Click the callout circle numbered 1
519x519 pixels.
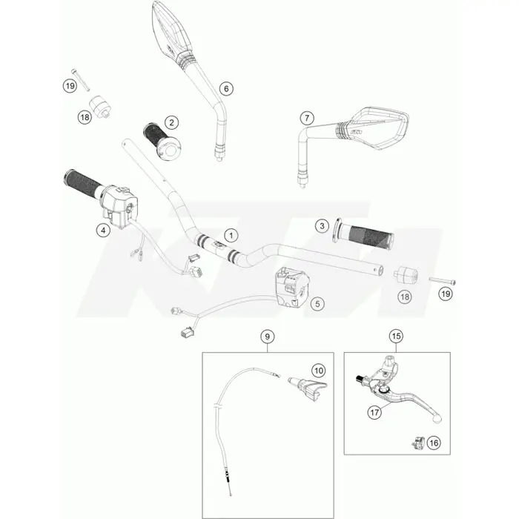click(x=231, y=236)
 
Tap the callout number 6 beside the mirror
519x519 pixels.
click(x=226, y=89)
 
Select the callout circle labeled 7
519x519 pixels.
click(x=307, y=118)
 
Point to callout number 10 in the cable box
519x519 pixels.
click(x=319, y=371)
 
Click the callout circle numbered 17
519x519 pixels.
click(x=374, y=413)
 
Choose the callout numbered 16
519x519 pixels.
click(x=434, y=443)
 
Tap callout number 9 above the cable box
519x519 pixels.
click(x=268, y=337)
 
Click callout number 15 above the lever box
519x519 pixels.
click(x=396, y=337)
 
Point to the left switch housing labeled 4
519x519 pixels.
click(x=118, y=206)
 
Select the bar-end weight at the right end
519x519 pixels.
click(x=406, y=274)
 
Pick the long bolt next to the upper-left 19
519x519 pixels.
click(x=80, y=80)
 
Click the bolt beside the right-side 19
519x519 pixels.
click(x=442, y=281)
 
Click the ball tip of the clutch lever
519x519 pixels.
click(x=437, y=419)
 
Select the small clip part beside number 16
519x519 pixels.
click(x=418, y=443)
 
